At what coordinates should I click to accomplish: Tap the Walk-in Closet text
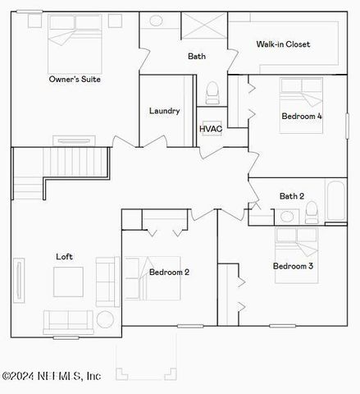(x=283, y=44)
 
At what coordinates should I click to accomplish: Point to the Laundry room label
(x=164, y=111)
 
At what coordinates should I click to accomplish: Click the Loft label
(x=64, y=257)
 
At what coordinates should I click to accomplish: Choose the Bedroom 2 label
(x=170, y=272)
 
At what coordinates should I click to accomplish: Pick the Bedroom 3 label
(x=294, y=266)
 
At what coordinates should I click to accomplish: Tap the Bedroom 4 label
(x=301, y=117)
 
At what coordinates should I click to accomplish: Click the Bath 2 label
(x=292, y=196)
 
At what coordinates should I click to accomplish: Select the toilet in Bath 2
(x=312, y=213)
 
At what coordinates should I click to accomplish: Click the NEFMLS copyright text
(x=52, y=376)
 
